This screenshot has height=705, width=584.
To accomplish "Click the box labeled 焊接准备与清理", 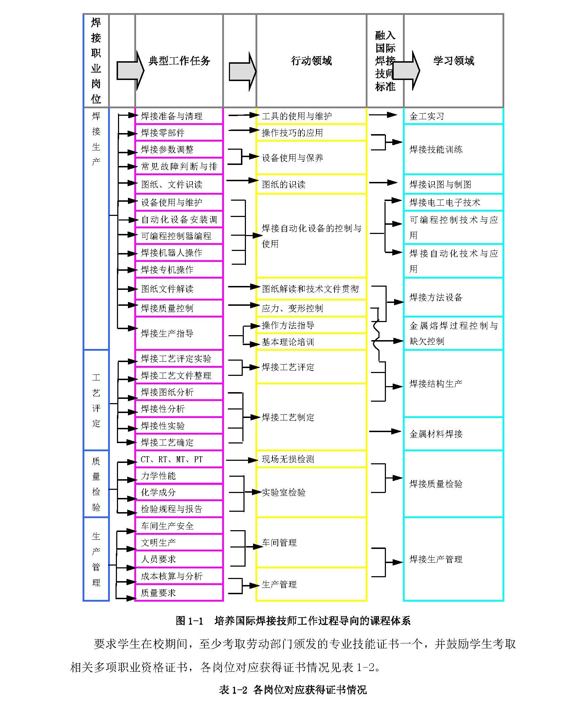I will pyautogui.click(x=179, y=116).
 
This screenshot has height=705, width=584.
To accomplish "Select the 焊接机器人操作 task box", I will pyautogui.click(x=179, y=253).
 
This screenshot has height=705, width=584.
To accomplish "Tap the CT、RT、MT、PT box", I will pyautogui.click(x=179, y=459).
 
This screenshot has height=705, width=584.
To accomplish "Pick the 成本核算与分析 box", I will pyautogui.click(x=179, y=576).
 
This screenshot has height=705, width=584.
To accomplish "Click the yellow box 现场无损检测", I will pyautogui.click(x=311, y=459).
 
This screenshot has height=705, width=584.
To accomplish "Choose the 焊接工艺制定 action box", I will pyautogui.click(x=311, y=417).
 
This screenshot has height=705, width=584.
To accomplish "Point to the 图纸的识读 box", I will pyautogui.click(x=311, y=184).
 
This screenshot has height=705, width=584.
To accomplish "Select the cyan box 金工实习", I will pyautogui.click(x=453, y=116).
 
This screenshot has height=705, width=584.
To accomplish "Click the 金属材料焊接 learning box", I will pyautogui.click(x=453, y=434).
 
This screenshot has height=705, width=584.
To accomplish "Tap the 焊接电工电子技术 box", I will pyautogui.click(x=453, y=202).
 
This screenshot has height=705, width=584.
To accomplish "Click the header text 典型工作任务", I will pyautogui.click(x=179, y=61).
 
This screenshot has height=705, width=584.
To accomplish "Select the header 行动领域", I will pyautogui.click(x=311, y=61).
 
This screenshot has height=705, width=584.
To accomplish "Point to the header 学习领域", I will pyautogui.click(x=453, y=61).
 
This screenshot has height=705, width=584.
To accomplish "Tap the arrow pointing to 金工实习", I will pyautogui.click(x=383, y=115).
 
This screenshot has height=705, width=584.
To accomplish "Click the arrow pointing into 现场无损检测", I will pyautogui.click(x=242, y=460).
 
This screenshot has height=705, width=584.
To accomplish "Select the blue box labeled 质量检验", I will pyautogui.click(x=96, y=484).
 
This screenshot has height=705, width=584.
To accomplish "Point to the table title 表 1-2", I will pyautogui.click(x=293, y=690).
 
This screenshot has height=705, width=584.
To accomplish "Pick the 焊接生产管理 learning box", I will pyautogui.click(x=453, y=559).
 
